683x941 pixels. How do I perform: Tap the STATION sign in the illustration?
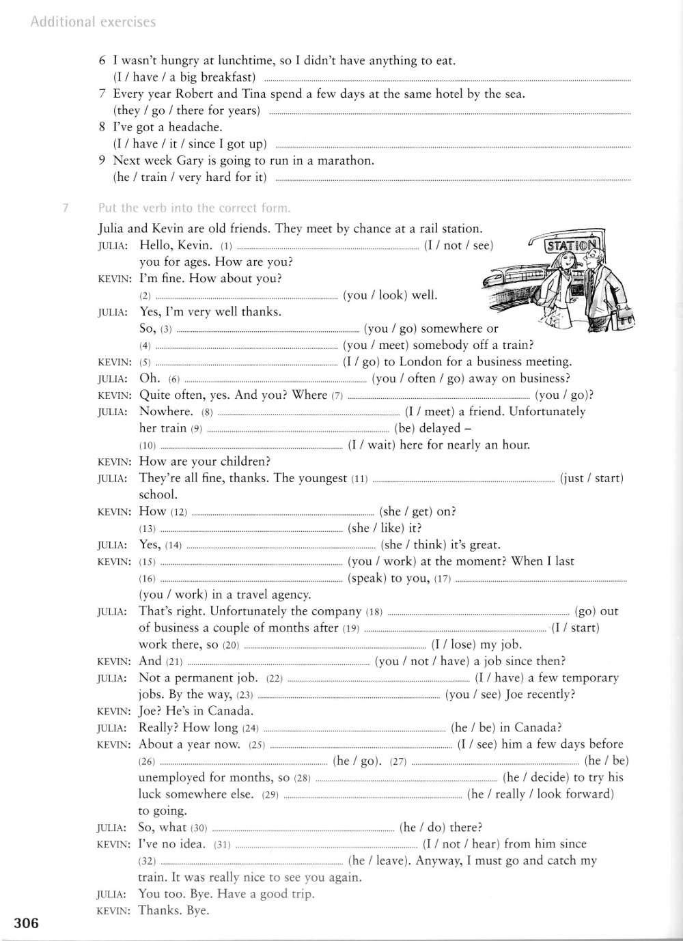[x=570, y=246]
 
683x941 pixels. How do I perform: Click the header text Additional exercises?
[x=93, y=23]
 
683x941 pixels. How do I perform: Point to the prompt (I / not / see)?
[x=458, y=245]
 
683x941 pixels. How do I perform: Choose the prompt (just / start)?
[x=591, y=478]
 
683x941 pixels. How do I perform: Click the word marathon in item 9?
[x=347, y=161]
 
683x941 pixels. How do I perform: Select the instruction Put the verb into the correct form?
[x=195, y=208]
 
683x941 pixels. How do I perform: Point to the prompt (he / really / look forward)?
[x=540, y=794]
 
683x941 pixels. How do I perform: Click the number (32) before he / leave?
[x=148, y=862]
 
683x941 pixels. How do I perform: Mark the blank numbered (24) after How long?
[x=354, y=729]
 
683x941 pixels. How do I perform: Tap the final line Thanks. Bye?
[x=173, y=910]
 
